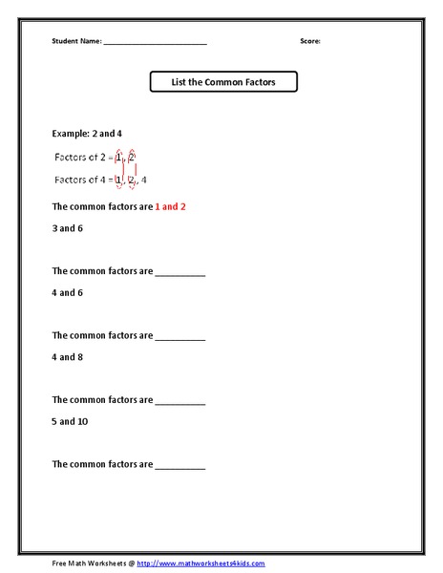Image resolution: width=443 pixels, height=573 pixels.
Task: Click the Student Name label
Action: [x=76, y=42]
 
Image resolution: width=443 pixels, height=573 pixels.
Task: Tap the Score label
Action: [x=310, y=42]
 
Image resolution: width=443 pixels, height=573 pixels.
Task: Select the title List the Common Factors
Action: [x=223, y=83]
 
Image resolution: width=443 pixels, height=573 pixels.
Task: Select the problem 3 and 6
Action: [x=68, y=228]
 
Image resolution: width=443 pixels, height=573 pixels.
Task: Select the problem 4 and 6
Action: [x=68, y=292]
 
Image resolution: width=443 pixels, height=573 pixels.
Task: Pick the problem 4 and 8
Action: [x=68, y=357]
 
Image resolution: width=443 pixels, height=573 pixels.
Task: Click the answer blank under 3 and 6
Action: [x=180, y=273]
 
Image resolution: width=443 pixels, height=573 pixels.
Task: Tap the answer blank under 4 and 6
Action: [x=180, y=337]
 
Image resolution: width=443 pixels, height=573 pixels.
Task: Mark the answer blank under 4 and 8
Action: [x=180, y=402]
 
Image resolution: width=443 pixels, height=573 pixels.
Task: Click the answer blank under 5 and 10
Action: [x=180, y=466]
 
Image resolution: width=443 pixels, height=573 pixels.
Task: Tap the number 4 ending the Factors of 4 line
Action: [x=144, y=180]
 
